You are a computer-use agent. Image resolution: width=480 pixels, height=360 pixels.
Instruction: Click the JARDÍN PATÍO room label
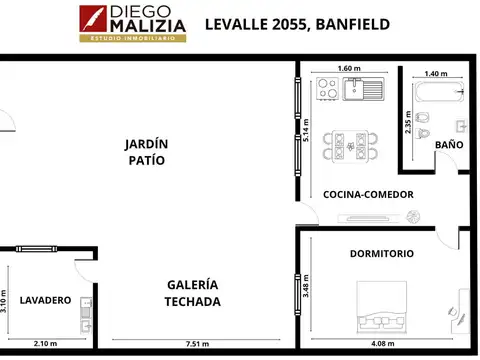tap(145, 151)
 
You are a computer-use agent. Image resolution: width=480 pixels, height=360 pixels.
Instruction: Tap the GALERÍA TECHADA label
tap(193, 293)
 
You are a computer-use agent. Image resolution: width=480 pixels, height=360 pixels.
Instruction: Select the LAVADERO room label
tap(45, 299)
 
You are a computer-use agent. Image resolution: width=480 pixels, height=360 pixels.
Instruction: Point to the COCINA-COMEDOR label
tap(367, 194)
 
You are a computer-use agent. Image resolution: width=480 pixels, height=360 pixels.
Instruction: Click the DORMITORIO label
tap(381, 254)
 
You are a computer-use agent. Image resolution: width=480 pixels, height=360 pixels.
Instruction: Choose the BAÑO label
tap(449, 145)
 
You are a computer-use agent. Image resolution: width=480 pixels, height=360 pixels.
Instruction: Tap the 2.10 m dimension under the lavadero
tap(45, 344)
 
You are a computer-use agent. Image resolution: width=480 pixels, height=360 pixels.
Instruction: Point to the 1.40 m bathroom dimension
tap(436, 74)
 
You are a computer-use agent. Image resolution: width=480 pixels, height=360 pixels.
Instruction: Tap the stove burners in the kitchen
tap(326, 90)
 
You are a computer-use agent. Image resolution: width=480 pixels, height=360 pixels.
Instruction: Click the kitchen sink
tap(362, 90)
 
